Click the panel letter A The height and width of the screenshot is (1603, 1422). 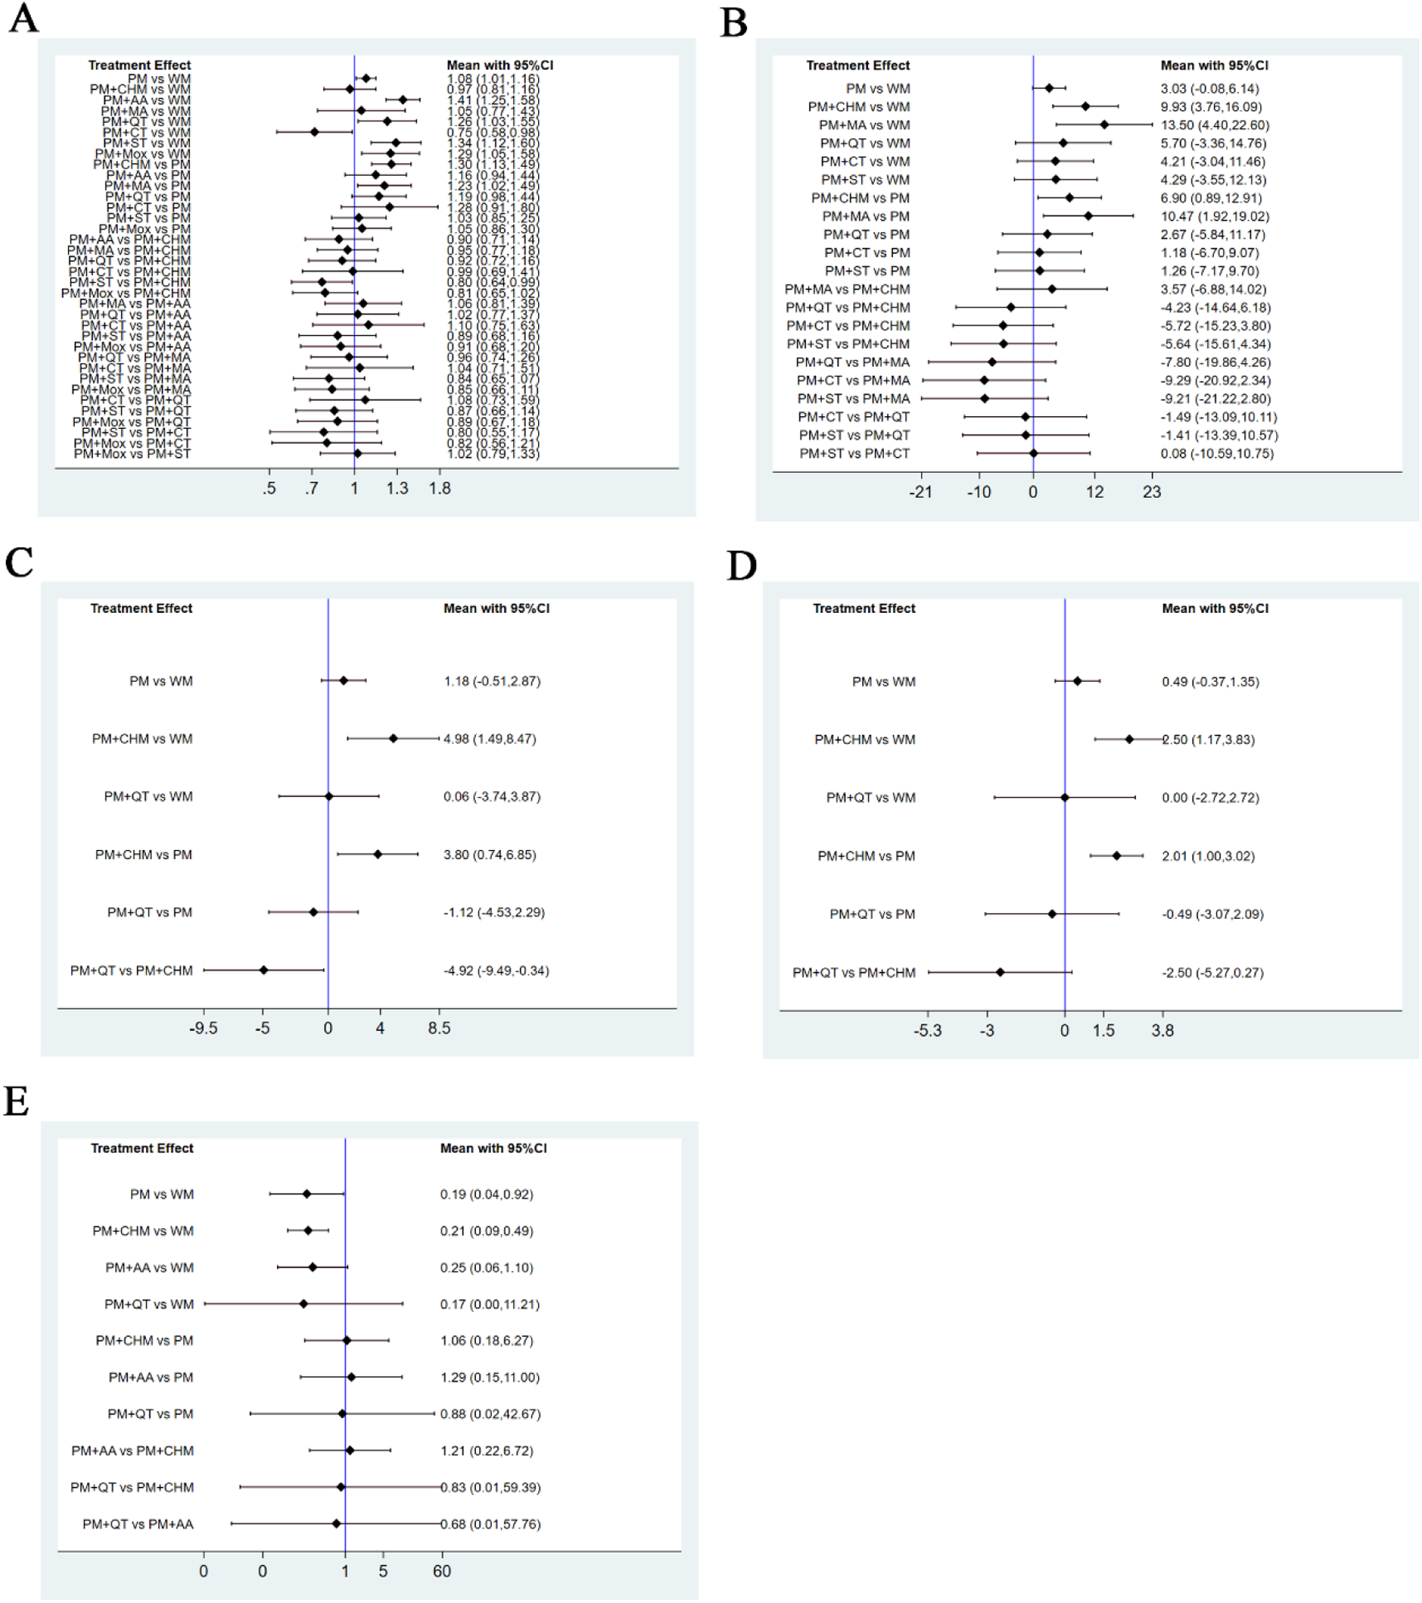22,18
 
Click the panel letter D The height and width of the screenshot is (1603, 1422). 741,565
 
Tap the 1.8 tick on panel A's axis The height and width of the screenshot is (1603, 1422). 439,489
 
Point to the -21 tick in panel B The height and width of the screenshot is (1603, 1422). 920,492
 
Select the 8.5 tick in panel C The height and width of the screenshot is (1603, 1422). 439,1028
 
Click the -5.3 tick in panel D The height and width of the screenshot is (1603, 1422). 927,1030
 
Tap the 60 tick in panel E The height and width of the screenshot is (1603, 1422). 442,1571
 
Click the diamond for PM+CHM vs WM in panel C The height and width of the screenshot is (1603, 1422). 393,738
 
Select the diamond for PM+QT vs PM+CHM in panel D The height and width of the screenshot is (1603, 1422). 1000,972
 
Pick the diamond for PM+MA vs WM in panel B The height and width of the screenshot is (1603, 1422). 1105,124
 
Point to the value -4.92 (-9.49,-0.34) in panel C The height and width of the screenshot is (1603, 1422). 495,971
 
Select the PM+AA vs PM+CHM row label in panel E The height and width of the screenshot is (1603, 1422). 132,1451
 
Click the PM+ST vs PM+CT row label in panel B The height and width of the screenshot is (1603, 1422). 854,454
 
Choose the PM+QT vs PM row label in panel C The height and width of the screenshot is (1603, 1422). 149,912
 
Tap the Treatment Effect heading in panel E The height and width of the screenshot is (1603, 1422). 141,1148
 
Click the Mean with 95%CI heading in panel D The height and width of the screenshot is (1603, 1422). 1214,608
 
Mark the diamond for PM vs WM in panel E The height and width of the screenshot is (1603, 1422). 307,1194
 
